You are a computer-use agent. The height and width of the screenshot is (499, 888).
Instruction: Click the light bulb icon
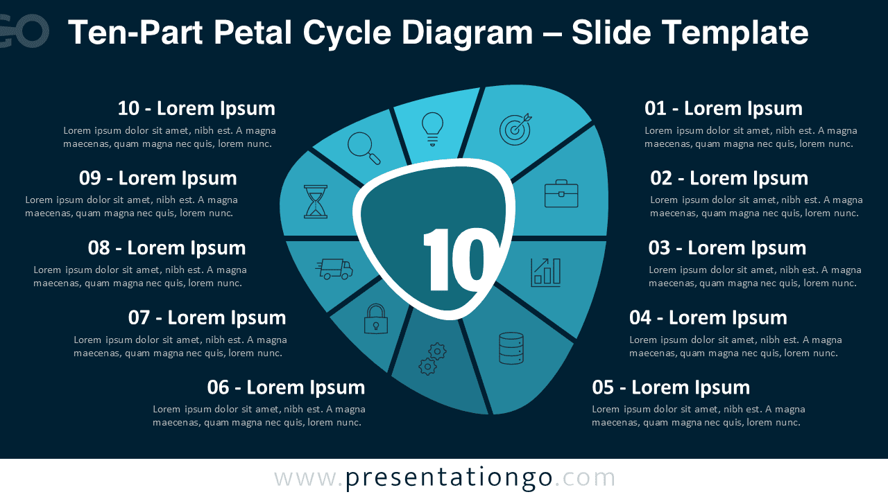[432, 128]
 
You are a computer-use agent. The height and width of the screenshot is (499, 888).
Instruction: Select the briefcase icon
[561, 194]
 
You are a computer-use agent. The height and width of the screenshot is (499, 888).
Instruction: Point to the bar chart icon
[546, 272]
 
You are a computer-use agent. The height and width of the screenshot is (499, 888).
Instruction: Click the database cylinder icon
[511, 348]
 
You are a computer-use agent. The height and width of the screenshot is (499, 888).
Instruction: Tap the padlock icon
[376, 319]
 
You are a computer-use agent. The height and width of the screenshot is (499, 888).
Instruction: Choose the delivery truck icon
[335, 268]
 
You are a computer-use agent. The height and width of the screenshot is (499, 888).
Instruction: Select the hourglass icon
[315, 202]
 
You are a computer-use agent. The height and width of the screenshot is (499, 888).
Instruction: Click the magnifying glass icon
[364, 148]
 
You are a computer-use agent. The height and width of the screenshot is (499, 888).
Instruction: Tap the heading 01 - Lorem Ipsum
[724, 108]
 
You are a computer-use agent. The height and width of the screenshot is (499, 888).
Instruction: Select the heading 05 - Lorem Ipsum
[671, 387]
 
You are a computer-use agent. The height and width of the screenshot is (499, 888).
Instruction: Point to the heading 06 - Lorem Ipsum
[286, 387]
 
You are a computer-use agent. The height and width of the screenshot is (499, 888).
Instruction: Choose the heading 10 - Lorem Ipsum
[196, 108]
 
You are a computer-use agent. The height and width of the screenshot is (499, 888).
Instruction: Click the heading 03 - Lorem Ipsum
[727, 247]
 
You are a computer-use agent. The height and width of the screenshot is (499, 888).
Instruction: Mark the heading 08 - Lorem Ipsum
[166, 247]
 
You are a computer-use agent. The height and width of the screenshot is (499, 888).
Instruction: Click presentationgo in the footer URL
[449, 478]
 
